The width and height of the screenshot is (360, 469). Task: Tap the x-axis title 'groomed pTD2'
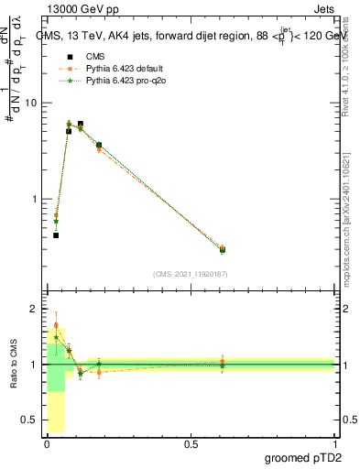tap(304, 459)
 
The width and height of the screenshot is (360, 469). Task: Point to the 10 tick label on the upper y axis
tap(30, 103)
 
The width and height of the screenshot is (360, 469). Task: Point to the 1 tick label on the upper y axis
tap(34, 199)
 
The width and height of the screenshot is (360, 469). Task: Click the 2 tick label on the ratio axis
tap(34, 309)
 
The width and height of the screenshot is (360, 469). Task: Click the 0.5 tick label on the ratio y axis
tap(28, 420)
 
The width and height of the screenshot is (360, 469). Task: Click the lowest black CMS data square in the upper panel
tap(56, 235)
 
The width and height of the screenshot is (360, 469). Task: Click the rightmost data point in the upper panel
tap(223, 249)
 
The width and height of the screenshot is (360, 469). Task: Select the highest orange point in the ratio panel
tap(56, 325)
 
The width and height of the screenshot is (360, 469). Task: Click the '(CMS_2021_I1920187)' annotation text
tap(191, 273)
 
